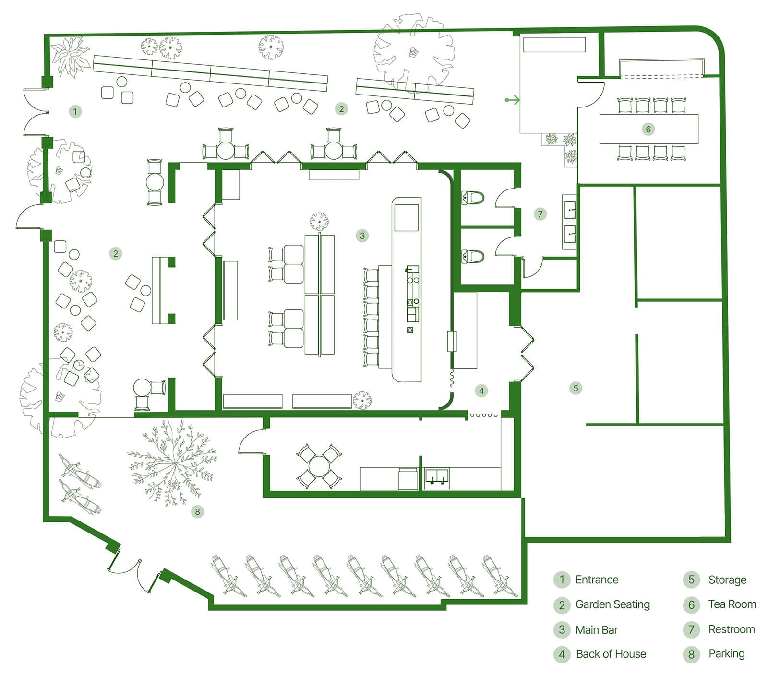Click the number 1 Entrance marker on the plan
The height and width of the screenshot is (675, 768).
tap(75, 112)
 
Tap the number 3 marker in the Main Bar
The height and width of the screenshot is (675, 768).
tap(362, 236)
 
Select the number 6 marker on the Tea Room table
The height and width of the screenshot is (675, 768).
tap(648, 129)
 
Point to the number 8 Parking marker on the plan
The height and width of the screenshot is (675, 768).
tap(197, 512)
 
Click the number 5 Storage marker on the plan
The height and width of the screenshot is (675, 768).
tap(576, 388)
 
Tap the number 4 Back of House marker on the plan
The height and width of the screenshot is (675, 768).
tap(481, 391)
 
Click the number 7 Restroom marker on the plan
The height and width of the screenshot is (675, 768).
tap(540, 214)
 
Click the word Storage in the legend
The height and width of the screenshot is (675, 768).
tap(727, 580)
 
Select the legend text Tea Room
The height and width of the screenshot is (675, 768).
tap(732, 604)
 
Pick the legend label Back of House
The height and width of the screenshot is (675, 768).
tap(611, 654)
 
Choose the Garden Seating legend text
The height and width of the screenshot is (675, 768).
tap(612, 605)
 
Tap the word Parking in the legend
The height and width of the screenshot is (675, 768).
tap(727, 654)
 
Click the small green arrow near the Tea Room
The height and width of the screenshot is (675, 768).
tap(513, 100)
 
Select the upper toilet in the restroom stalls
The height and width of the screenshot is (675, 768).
tap(473, 197)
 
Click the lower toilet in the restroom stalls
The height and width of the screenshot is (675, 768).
tap(473, 257)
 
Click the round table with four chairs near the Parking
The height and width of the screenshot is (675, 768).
tap(318, 466)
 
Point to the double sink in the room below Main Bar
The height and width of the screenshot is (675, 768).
tap(437, 476)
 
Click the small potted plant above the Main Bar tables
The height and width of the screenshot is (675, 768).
tap(319, 222)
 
